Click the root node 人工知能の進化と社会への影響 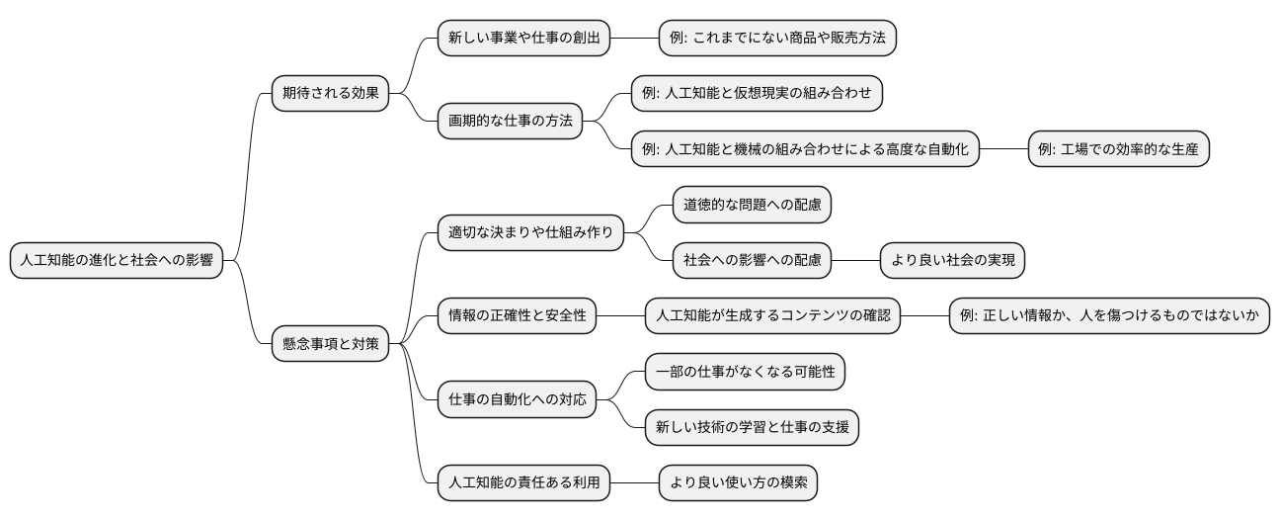pos(117,260)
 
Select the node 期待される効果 pos(330,93)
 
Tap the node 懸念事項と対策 pos(330,344)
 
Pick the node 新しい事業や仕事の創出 pos(524,38)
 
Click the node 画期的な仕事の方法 pos(511,121)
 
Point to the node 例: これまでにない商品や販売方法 pos(777,38)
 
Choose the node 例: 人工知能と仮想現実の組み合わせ pos(758,93)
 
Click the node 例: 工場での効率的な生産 pos(1119,148)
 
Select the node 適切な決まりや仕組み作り pos(530,232)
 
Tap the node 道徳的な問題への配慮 pos(752,205)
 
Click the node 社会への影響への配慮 pos(752,260)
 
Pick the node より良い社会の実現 pos(952,260)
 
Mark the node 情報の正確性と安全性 pos(518,315)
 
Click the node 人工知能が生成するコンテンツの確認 pos(773,315)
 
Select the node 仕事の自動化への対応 pos(518,399)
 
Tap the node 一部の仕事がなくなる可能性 pos(745,372)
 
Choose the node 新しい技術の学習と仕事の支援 pos(752,427)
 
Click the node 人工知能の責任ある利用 pos(524,482)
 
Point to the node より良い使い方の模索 pos(739,482)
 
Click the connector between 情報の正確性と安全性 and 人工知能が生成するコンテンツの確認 pos(620,315)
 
